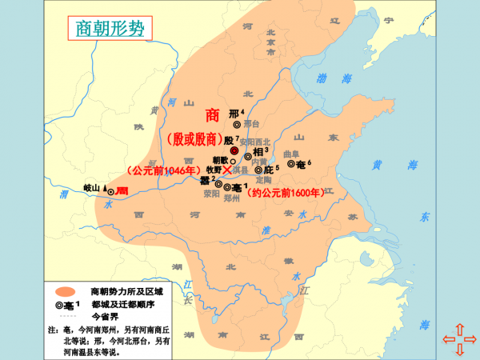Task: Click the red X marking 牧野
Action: [x=227, y=170]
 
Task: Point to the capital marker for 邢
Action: [x=236, y=124]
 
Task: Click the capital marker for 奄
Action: [x=290, y=163]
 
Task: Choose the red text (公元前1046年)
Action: [x=162, y=170]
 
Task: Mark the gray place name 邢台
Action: [x=251, y=125]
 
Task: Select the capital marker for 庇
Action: [x=258, y=170]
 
